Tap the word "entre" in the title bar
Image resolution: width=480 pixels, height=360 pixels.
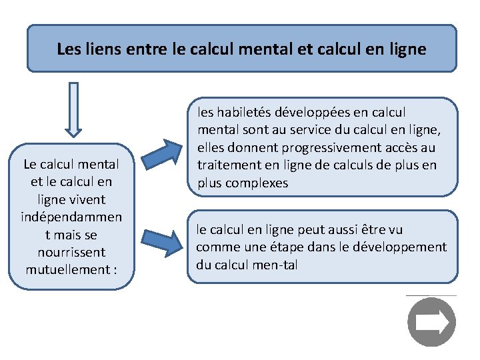(x=138, y=49)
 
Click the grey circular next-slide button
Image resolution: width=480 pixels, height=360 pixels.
(x=431, y=323)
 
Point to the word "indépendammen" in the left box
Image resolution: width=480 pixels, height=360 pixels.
(x=71, y=217)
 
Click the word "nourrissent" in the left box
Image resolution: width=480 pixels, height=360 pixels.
(x=71, y=252)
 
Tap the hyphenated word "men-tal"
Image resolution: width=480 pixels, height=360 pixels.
(x=275, y=264)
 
